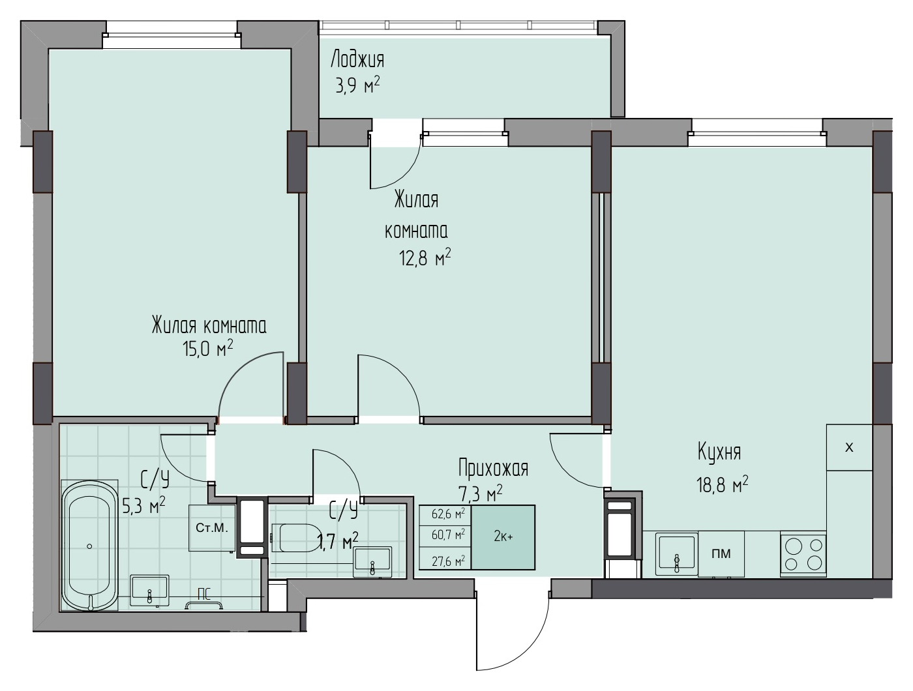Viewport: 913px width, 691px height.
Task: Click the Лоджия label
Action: [357, 60]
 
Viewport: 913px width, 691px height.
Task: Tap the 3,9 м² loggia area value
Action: [357, 86]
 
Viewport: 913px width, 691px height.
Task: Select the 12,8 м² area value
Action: [425, 258]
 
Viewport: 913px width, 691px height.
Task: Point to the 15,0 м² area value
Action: [207, 348]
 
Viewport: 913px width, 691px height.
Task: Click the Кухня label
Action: [719, 452]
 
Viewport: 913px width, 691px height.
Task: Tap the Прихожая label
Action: [493, 469]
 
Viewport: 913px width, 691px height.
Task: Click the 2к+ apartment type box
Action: [503, 537]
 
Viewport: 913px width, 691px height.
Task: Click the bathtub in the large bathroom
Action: [89, 546]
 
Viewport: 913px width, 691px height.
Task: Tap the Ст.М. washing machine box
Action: [212, 528]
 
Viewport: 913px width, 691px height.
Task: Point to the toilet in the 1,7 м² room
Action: [295, 538]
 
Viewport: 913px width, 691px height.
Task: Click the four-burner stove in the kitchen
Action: [803, 554]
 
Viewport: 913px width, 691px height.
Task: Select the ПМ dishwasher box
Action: [721, 554]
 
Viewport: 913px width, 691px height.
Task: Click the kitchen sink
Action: [676, 554]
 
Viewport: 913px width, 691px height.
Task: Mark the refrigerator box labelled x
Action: [849, 447]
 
